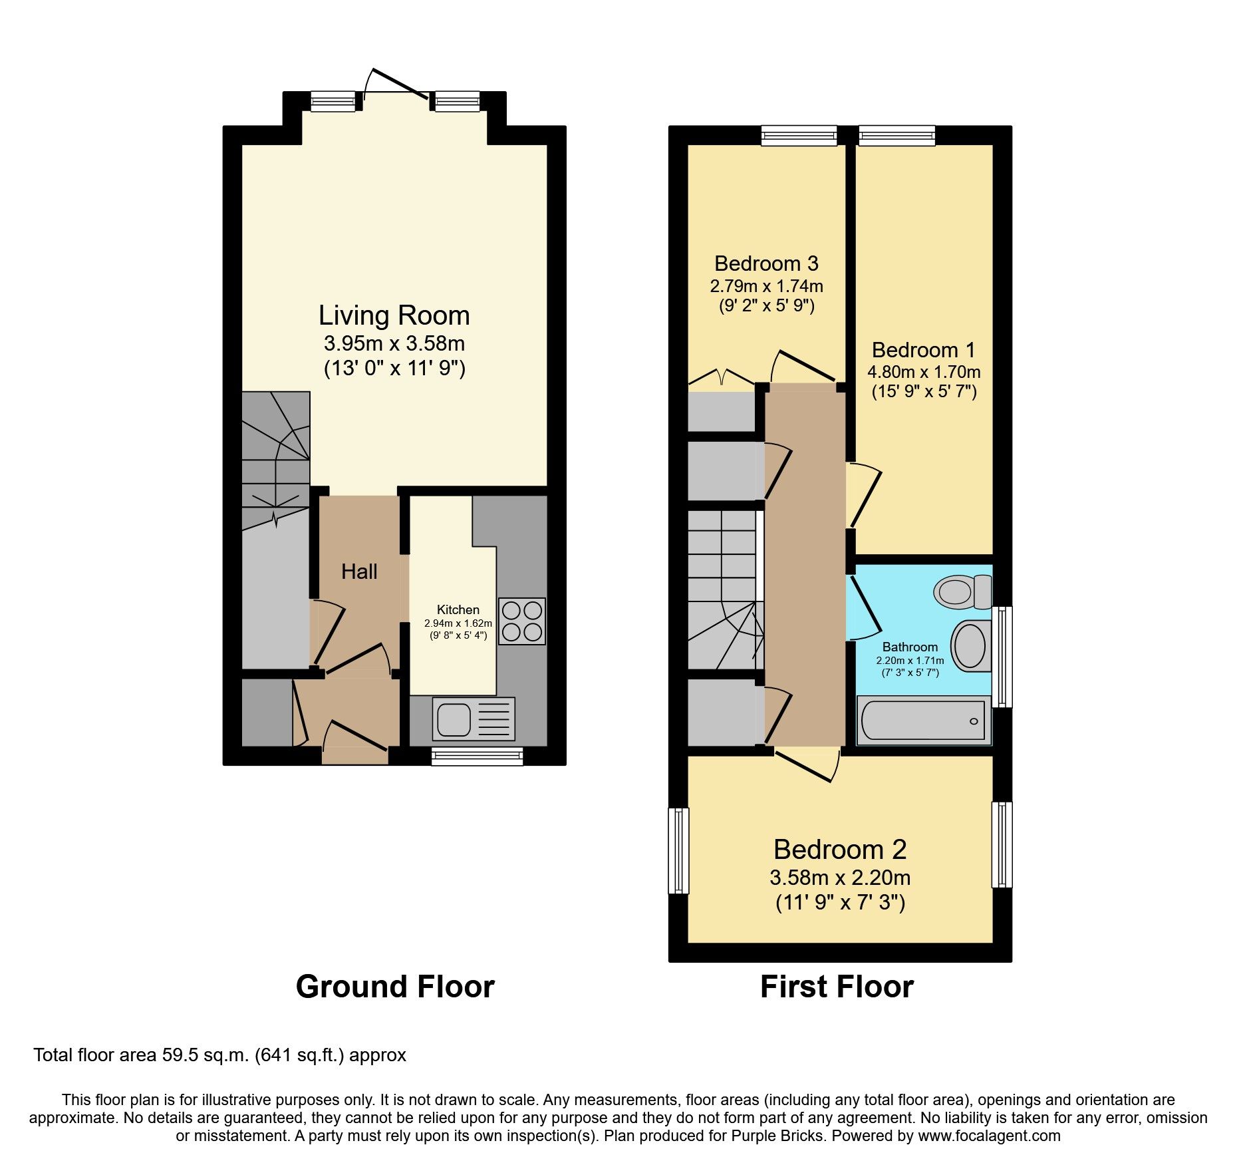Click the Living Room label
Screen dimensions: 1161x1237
pyautogui.click(x=394, y=315)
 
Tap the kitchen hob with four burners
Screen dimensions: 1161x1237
pyautogui.click(x=522, y=621)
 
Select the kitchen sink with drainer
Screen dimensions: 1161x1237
pyautogui.click(x=474, y=719)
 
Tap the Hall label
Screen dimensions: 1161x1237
pyautogui.click(x=359, y=572)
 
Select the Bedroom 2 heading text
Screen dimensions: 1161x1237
pyautogui.click(x=840, y=850)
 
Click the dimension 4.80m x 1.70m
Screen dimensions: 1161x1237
pyautogui.click(x=924, y=372)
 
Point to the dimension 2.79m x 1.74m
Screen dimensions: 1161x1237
pyautogui.click(x=766, y=286)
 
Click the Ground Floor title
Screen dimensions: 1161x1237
pyautogui.click(x=395, y=986)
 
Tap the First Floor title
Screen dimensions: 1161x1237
pyautogui.click(x=837, y=986)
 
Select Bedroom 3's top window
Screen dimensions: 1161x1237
pyautogui.click(x=799, y=136)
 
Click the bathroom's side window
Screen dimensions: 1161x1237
pyautogui.click(x=1002, y=656)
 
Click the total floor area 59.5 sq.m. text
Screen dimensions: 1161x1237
pyautogui.click(x=219, y=1055)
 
